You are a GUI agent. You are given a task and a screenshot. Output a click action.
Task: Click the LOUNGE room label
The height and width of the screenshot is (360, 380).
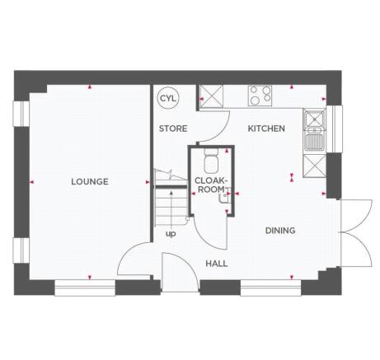89,181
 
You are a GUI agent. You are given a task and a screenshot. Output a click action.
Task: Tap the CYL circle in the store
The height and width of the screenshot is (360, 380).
169,97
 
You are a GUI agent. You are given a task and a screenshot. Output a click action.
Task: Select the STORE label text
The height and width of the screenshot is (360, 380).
173,129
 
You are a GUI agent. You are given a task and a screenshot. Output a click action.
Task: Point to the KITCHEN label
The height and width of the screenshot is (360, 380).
266,129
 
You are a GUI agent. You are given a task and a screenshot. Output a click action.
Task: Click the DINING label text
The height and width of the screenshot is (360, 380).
280,231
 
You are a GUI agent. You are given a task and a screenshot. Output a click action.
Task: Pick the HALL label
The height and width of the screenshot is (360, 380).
216,264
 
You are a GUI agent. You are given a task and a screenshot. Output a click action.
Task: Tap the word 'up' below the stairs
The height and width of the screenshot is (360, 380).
171,233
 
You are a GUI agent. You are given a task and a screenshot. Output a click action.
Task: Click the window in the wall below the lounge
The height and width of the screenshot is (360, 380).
86,287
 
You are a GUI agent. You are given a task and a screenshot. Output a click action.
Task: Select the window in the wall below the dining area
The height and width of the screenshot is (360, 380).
271,287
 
